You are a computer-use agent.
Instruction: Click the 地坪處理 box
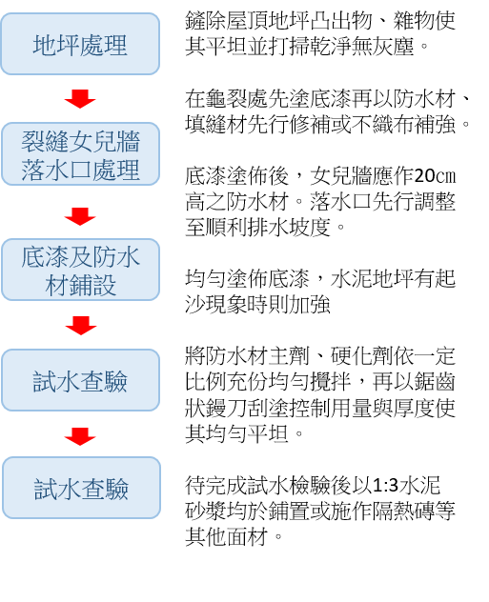tap(80, 44)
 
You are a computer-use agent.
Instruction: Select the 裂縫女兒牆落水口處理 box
tap(80, 154)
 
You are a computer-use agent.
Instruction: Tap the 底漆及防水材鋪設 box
tap(80, 270)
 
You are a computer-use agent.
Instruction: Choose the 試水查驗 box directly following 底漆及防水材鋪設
tap(80, 380)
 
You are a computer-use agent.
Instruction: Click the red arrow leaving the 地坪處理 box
tap(80, 99)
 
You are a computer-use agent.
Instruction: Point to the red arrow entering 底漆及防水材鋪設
tap(80, 216)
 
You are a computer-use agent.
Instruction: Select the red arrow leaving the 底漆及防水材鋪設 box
tap(81, 325)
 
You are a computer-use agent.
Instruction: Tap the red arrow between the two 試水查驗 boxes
tap(80, 436)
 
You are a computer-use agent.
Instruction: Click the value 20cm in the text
tap(436, 176)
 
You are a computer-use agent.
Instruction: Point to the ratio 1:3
tap(386, 486)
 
